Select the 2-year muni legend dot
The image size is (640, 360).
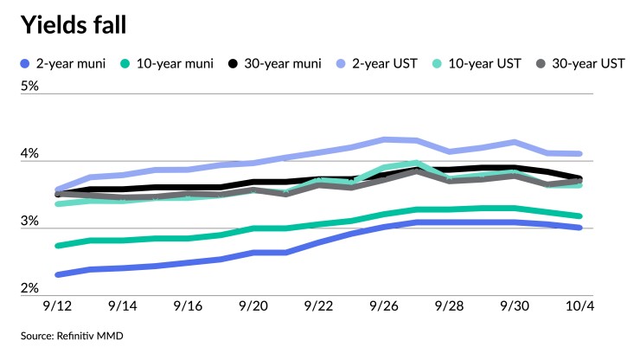[23, 64]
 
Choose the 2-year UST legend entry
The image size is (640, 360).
[387, 64]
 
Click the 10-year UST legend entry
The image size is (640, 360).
[485, 64]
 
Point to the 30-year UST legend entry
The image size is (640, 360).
[585, 64]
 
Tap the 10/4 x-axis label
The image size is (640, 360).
[578, 306]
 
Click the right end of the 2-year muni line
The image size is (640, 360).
[579, 228]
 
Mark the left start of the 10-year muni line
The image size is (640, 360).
[57, 246]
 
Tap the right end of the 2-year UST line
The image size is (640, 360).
[579, 154]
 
